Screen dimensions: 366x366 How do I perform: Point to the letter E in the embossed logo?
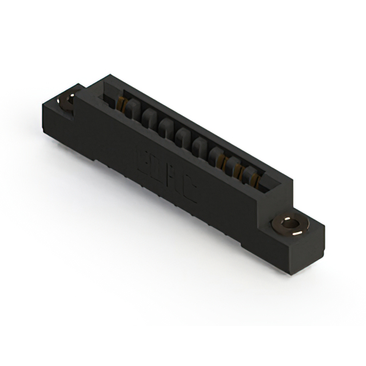pos(142,162)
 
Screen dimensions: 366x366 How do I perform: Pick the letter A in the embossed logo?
pos(174,181)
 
